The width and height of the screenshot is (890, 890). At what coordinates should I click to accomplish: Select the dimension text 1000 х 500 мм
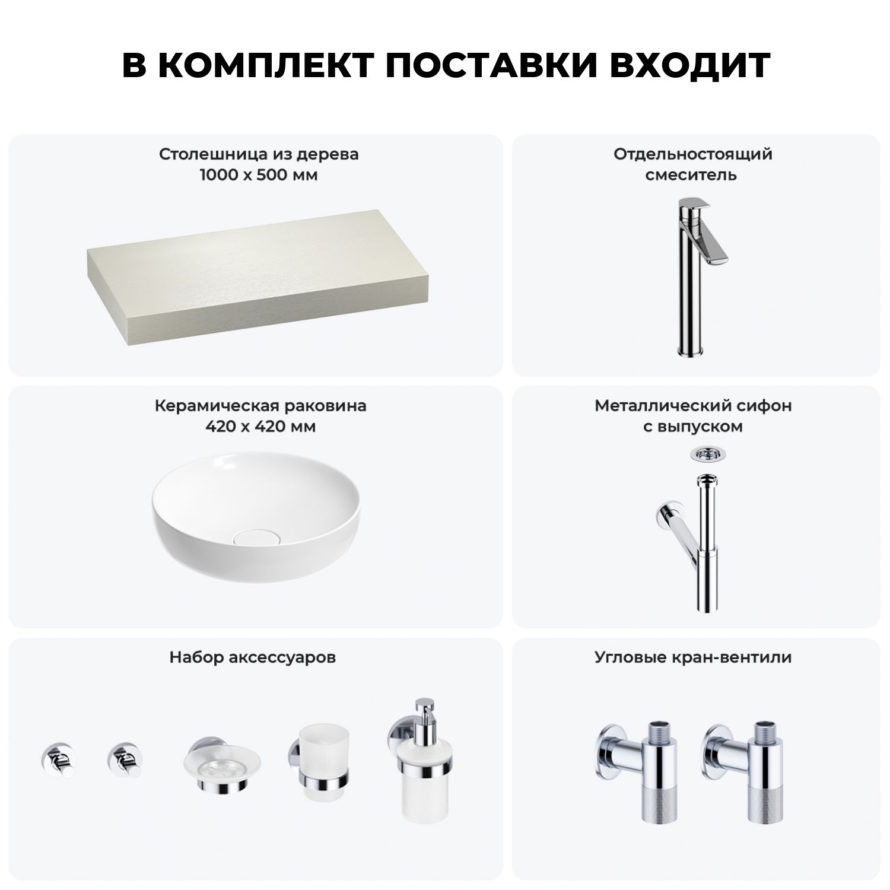coord(259,175)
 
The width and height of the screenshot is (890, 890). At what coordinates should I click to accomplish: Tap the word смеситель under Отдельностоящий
coord(691,175)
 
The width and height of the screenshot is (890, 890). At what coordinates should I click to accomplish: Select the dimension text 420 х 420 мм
coord(260,427)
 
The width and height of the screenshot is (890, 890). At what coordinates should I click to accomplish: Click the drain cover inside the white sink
coord(252,538)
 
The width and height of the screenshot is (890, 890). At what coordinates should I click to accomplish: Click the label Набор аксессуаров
coord(253,657)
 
